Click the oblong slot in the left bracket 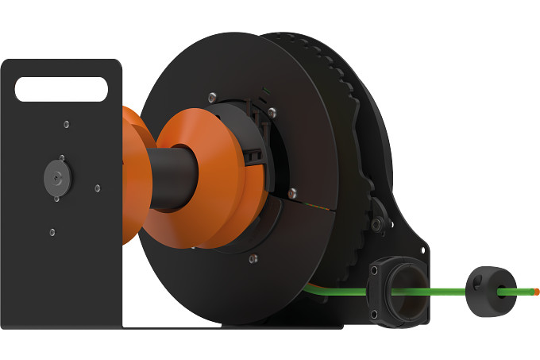pyautogui.click(x=60, y=87)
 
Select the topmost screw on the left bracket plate pyautogui.click(x=66, y=123)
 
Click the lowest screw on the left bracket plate pyautogui.click(x=52, y=232)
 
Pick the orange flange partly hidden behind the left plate pyautogui.click(x=130, y=175)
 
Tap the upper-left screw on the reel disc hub pyautogui.click(x=212, y=97)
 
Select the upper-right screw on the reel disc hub pyautogui.click(x=272, y=112)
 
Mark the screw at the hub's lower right pyautogui.click(x=292, y=192)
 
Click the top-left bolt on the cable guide pyautogui.click(x=373, y=271)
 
